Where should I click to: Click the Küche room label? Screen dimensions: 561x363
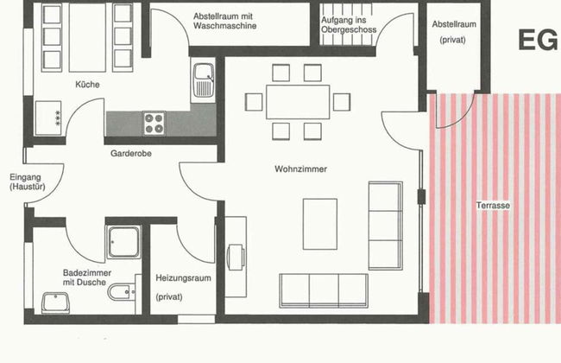click(x=87, y=85)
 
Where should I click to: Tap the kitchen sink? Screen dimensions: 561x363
click(x=204, y=80)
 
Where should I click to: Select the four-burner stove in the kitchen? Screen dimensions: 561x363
click(x=154, y=124)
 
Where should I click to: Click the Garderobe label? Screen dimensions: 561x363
click(x=131, y=153)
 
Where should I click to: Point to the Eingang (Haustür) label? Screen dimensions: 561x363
click(x=28, y=181)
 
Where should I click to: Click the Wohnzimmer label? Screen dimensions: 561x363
click(x=300, y=169)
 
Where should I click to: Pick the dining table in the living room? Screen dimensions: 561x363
click(x=298, y=102)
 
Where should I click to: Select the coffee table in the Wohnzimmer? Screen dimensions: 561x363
click(x=320, y=224)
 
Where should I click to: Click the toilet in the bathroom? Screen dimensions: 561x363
click(x=122, y=292)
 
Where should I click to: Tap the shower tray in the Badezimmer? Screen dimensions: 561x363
click(x=123, y=242)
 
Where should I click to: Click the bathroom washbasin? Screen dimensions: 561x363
click(x=55, y=302)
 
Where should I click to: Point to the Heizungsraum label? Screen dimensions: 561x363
click(x=183, y=278)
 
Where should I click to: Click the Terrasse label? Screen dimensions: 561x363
click(x=493, y=206)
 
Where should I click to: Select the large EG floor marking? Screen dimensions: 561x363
click(x=538, y=40)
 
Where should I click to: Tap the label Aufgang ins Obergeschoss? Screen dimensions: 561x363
click(x=349, y=25)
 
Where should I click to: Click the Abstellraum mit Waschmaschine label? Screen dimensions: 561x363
click(x=224, y=21)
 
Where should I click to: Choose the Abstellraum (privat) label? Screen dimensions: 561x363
click(x=454, y=32)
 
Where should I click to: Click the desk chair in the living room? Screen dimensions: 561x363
click(x=236, y=257)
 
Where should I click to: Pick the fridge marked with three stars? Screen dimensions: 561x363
click(x=48, y=118)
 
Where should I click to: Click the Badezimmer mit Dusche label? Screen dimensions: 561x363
click(x=87, y=277)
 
